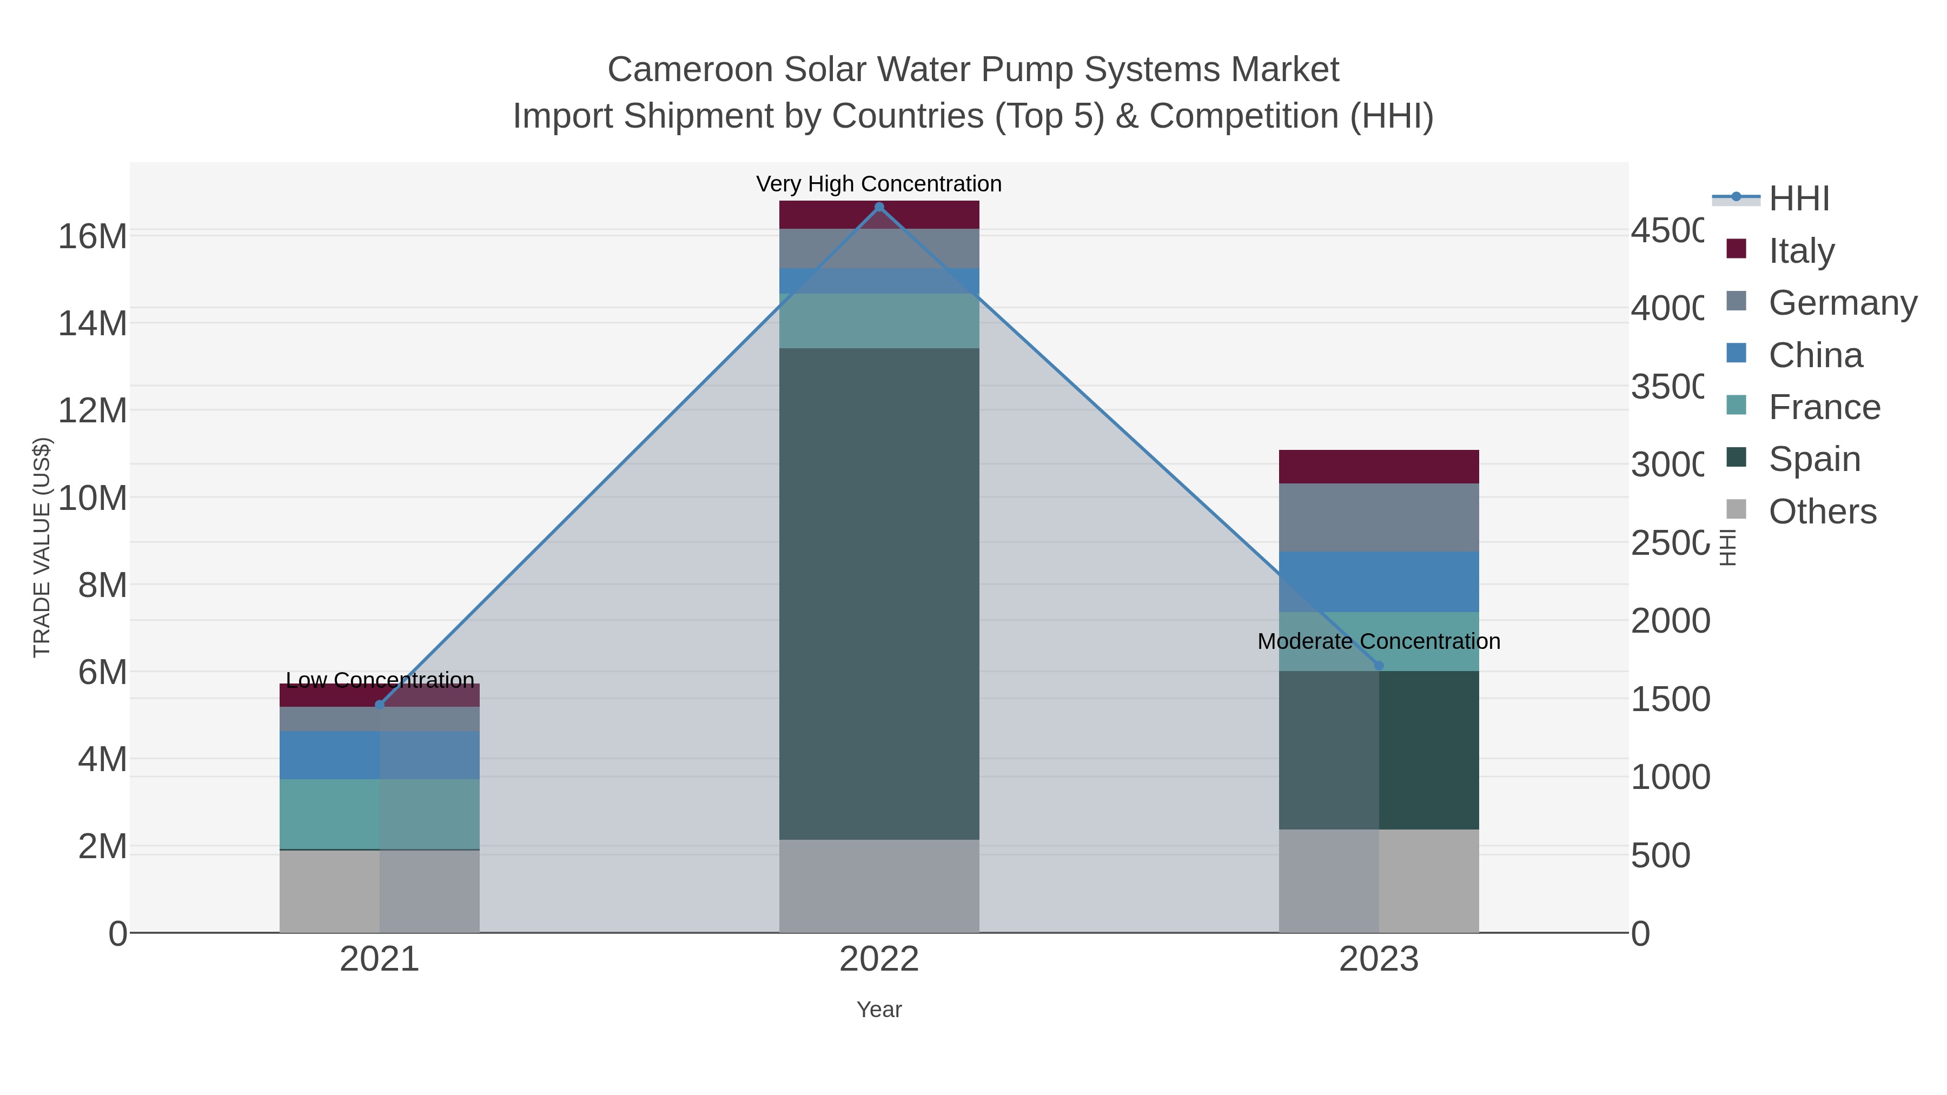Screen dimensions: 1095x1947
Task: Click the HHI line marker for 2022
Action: point(879,207)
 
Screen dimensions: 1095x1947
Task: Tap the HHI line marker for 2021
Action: point(380,705)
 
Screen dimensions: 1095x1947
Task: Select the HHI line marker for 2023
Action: point(1379,666)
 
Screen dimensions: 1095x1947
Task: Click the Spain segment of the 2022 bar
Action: point(879,593)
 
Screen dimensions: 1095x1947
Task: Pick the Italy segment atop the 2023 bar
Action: point(1379,466)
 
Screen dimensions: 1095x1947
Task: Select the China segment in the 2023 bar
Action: point(1379,582)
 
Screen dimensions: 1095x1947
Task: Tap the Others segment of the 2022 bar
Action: point(879,886)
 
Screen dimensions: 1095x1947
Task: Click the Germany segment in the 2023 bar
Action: point(1379,517)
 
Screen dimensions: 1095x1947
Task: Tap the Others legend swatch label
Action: point(1822,512)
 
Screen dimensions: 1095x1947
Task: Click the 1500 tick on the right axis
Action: point(1670,699)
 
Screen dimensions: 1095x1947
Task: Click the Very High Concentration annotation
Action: point(879,184)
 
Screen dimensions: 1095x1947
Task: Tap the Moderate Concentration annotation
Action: point(1379,641)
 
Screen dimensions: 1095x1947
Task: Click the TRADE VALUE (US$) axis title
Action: point(42,547)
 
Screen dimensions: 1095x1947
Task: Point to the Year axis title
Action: point(879,1010)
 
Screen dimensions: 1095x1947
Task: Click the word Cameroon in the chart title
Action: point(690,70)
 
